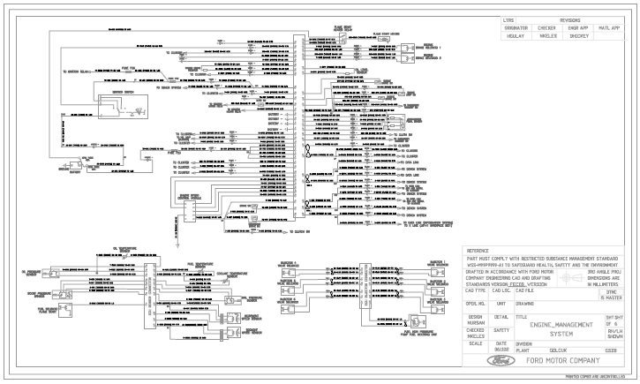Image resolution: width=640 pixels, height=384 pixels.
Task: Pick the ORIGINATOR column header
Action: click(516, 28)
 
